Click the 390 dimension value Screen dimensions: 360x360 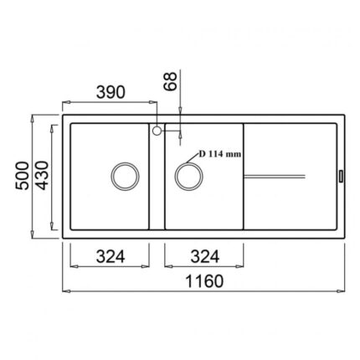coord(111,93)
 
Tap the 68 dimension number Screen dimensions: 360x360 coord(170,81)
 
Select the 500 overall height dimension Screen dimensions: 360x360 coord(22,176)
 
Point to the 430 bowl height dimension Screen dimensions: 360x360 coord(42,175)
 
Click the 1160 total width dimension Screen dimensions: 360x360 coord(204,281)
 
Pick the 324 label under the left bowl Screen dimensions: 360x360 coord(111,256)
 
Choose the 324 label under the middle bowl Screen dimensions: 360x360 coord(205,256)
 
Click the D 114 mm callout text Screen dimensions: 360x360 coord(220,154)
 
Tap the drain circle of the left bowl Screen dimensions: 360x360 coord(125,162)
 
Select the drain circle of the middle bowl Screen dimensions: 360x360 coord(189,162)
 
